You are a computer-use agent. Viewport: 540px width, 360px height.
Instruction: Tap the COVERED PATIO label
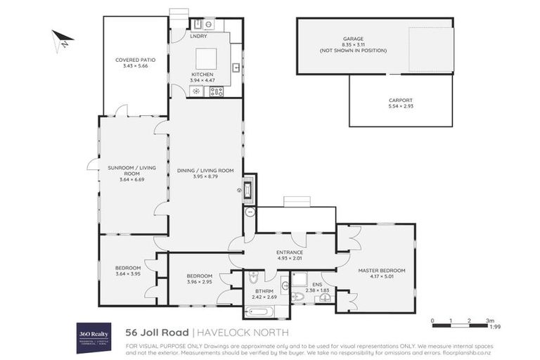135,60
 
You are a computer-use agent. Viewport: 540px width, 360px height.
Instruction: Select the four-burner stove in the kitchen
216,91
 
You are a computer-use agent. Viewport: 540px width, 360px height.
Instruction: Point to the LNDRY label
199,35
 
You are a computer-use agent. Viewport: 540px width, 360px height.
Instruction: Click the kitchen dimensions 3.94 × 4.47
202,81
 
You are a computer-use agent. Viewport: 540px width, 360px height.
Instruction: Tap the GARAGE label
352,39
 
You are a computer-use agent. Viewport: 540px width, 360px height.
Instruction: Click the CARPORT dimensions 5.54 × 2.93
400,106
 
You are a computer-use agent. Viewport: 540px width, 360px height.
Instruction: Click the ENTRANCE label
289,252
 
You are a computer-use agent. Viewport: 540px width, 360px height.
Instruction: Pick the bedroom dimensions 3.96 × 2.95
200,282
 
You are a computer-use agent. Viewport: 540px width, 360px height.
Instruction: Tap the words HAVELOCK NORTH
243,332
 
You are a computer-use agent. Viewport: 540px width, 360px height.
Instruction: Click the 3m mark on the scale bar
488,321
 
